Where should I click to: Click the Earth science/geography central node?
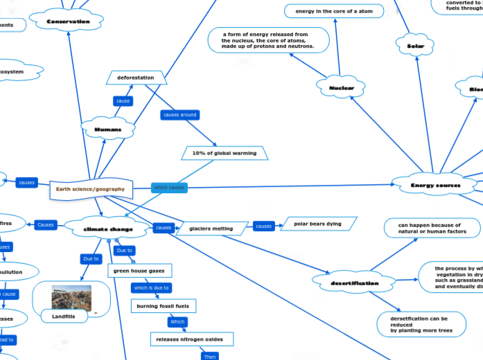pos(91,189)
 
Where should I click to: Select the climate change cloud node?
pos(108,228)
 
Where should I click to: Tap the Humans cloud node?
pos(107,129)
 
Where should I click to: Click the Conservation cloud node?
pos(68,21)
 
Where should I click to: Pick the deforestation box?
pos(136,78)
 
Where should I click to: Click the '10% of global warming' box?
pos(225,153)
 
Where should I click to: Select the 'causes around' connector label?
pos(179,114)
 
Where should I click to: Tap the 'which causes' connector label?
pos(169,188)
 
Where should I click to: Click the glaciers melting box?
pos(211,228)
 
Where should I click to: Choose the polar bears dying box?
pos(317,224)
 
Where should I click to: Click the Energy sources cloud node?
pos(435,185)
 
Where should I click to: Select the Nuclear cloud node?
pos(341,88)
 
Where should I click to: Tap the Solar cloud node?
pos(415,46)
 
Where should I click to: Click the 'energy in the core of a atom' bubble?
pos(334,11)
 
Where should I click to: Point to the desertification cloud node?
pos(355,282)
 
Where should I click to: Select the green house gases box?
pos(141,271)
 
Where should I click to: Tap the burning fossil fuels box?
pos(164,305)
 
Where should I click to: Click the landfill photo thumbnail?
pos(71,298)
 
